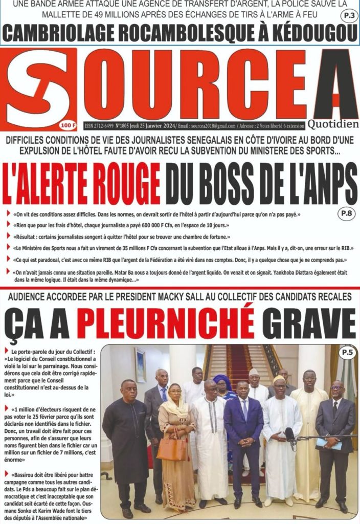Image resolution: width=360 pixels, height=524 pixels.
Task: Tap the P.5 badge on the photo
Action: (348, 352)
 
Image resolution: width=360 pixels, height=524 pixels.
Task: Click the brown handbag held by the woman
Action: (172, 449)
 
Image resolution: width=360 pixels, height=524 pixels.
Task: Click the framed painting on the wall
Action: (140, 364)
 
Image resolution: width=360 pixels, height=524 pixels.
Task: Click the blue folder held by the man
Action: (328, 443)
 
